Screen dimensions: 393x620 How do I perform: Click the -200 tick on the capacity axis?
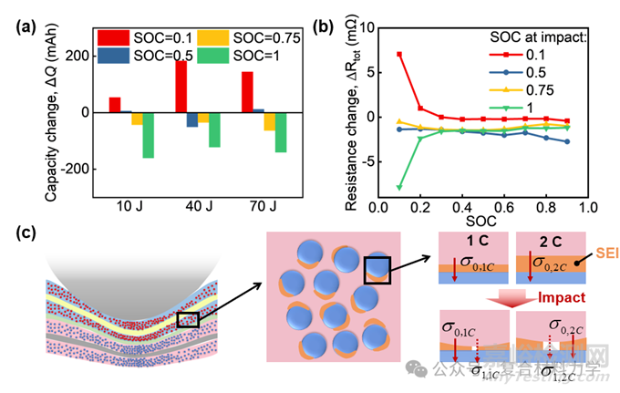[x=77, y=170]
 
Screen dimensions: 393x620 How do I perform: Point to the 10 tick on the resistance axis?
[x=366, y=28]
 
